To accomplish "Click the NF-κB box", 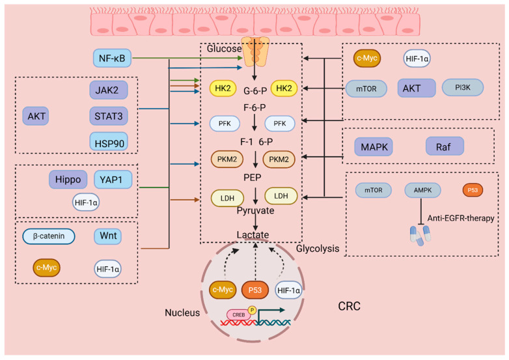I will (x=113, y=59).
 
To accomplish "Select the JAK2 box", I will (x=109, y=90).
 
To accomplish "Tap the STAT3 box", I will (x=109, y=116).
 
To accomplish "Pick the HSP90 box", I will (x=109, y=141).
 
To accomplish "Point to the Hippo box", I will (x=68, y=179).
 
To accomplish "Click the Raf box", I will (x=445, y=146).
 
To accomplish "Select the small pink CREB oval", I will (x=238, y=314).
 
